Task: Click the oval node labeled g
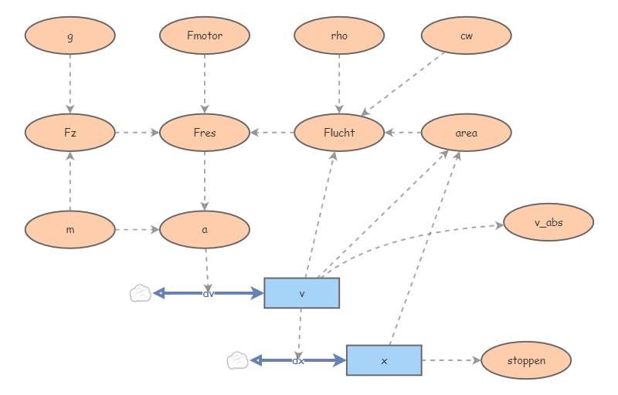tap(70, 35)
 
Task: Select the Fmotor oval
tap(205, 35)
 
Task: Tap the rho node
tap(339, 35)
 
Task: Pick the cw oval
tap(467, 35)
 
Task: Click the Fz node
tap(70, 133)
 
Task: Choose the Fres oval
tap(205, 133)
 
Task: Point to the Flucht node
tap(339, 133)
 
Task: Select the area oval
tap(467, 133)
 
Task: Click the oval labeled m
tap(70, 229)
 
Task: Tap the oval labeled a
tap(205, 229)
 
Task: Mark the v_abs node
tap(548, 222)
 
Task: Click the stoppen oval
tap(526, 360)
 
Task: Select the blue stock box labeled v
tap(302, 293)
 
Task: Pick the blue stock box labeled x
tap(384, 360)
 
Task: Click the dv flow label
tap(208, 293)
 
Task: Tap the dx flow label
tap(298, 360)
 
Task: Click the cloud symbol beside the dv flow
tap(140, 293)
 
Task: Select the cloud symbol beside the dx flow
tap(237, 360)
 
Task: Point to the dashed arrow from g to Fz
tap(70, 83)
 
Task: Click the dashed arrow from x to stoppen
tap(451, 360)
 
